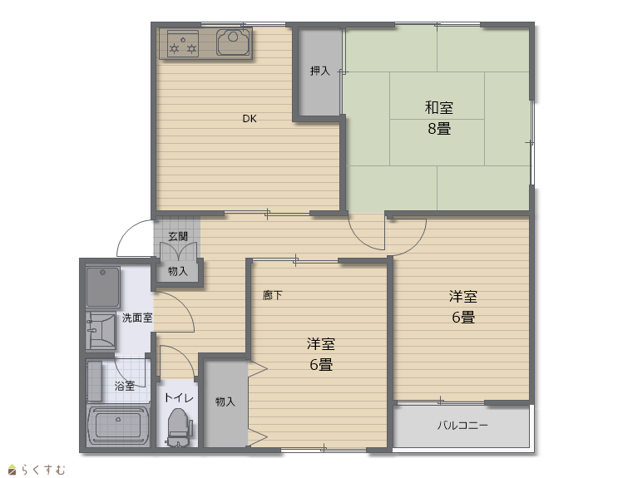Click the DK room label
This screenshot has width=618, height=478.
(249, 119)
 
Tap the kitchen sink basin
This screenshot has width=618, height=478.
(234, 42)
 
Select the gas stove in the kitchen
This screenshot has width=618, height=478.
(182, 43)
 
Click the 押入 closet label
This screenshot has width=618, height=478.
(319, 71)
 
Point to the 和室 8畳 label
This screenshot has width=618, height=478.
(439, 118)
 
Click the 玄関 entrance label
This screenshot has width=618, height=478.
(178, 236)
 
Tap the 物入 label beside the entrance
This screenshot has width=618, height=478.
(178, 271)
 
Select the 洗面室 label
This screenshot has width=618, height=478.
(136, 318)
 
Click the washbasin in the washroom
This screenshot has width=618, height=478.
(101, 330)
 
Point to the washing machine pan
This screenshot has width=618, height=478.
(102, 287)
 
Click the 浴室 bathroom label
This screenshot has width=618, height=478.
(125, 386)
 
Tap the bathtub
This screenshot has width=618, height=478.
(118, 425)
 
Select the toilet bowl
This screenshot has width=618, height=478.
(179, 427)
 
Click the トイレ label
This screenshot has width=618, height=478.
(179, 397)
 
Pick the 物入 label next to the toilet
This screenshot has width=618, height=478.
(225, 402)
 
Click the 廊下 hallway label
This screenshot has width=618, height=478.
(272, 295)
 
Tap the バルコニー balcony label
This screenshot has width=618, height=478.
(462, 425)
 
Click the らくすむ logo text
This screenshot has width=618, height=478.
(43, 470)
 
